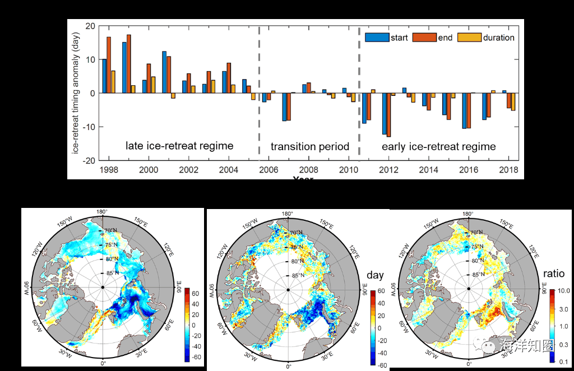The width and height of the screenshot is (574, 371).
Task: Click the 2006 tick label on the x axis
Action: click(268, 170)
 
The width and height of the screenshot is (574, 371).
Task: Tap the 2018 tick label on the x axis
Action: click(508, 170)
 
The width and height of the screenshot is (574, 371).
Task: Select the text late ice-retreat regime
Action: click(179, 146)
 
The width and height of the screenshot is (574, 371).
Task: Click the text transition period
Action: click(310, 146)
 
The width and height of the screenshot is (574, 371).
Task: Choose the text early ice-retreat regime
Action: click(439, 146)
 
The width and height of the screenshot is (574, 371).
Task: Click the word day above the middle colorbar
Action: click(375, 276)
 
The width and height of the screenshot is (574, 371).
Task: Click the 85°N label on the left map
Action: click(112, 273)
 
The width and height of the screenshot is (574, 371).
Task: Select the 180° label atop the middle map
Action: click(288, 214)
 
